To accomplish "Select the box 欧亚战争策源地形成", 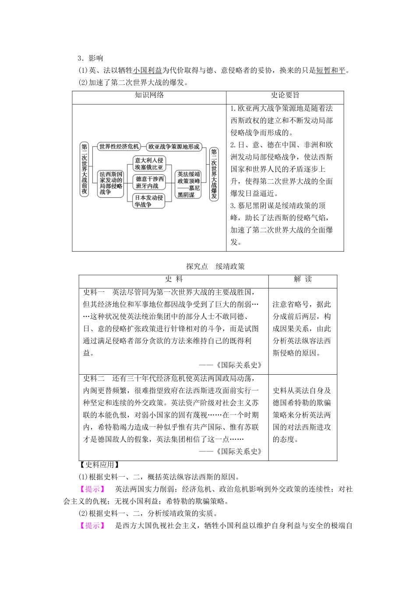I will [x=173, y=147].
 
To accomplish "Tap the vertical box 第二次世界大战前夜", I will [x=84, y=168].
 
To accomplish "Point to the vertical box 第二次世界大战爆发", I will [x=214, y=174].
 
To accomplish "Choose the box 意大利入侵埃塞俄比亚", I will [x=149, y=163].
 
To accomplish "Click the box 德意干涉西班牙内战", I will [x=149, y=182].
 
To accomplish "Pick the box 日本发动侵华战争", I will [x=149, y=201].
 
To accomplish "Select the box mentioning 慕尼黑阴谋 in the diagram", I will [x=189, y=185].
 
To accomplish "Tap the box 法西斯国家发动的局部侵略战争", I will [x=111, y=183].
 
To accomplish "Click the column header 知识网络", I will [x=149, y=96].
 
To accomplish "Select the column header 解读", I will [x=303, y=280].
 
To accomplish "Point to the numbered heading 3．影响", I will [x=90, y=58].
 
